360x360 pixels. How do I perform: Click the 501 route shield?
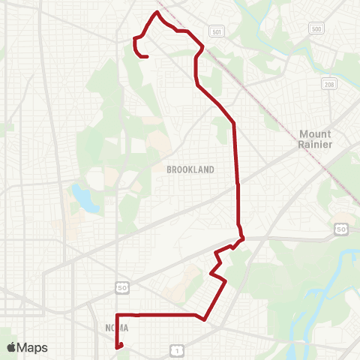pos(216,32)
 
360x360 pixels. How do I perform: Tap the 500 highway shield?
pos(316,28)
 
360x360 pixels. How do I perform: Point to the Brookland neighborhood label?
pos(190,169)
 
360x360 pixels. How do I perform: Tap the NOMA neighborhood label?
pos(117,328)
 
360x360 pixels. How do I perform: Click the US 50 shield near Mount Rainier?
pos(340,228)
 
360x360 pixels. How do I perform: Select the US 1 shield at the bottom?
pos(175,349)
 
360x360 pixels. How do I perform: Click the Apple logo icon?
pos(11,347)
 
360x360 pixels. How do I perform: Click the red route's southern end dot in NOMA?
pos(121,345)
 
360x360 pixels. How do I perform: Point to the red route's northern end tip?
pos(147,56)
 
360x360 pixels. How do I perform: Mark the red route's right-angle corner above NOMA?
pos(116,314)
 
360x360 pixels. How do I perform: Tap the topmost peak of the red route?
pos(157,13)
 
